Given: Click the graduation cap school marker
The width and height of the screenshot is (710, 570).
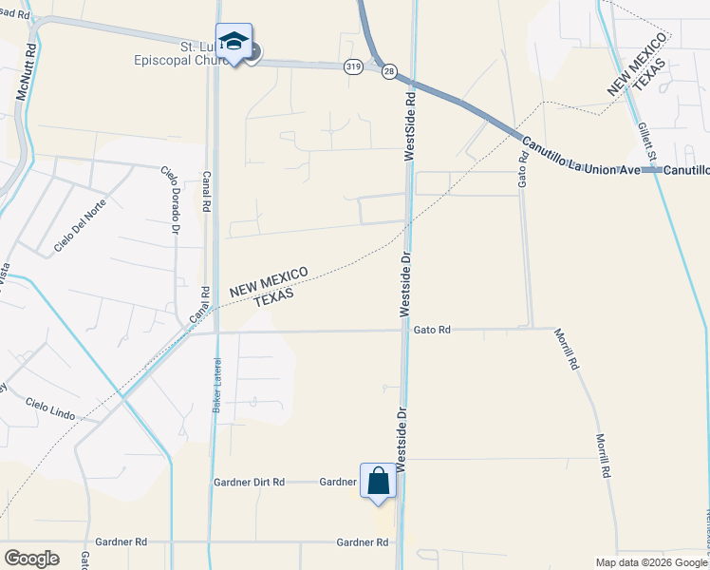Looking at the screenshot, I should click(234, 43).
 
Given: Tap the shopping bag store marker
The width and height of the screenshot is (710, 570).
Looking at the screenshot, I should click(378, 481).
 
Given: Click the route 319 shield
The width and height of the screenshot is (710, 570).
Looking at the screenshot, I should click(353, 66).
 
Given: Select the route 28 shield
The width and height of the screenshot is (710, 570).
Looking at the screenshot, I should click(389, 70).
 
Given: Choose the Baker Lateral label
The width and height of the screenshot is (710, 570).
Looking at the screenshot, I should click(216, 386).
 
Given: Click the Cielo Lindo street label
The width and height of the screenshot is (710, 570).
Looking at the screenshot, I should click(49, 409).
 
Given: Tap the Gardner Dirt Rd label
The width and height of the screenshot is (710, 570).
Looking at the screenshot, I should click(249, 482).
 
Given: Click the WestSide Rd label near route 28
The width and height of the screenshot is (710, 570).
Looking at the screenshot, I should click(411, 125).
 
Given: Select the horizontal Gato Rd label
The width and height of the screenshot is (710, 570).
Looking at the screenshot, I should click(432, 330).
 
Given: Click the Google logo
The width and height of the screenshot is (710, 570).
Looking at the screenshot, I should click(31, 559).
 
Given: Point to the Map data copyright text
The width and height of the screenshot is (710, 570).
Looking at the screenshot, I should click(650, 562).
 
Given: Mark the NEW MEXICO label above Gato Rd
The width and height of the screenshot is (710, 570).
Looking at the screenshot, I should click(269, 282).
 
